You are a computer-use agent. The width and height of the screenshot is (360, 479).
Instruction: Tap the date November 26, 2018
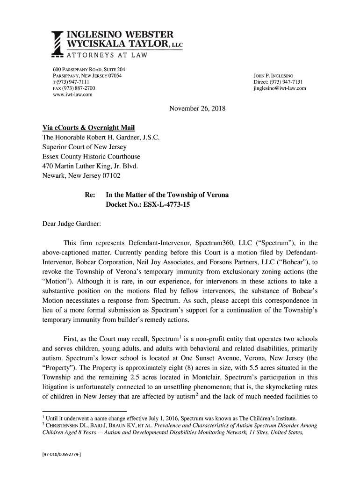[x=197, y=109]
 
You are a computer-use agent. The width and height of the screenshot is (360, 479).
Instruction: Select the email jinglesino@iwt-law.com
[x=279, y=88]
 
